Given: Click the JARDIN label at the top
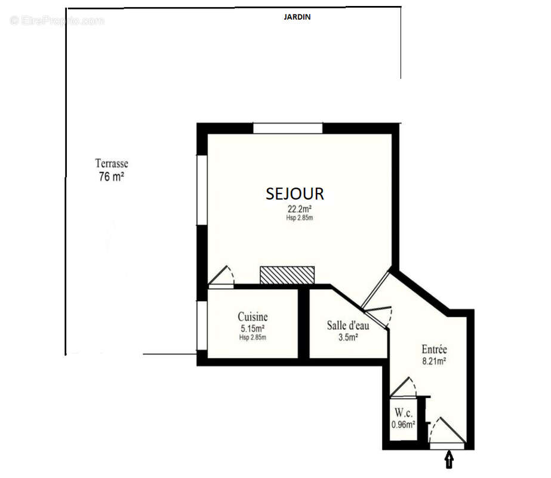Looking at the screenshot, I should point(297,17).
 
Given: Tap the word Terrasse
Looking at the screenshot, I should point(112,163).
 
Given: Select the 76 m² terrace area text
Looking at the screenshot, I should point(111,176).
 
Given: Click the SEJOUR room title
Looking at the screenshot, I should point(295,194).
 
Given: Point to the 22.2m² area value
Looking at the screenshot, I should point(300,209).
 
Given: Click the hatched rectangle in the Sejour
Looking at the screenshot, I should point(287,275).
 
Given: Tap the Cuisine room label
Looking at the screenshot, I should point(253,317).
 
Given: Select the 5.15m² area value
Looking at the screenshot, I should point(253,329).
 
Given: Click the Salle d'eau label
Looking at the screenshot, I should point(348,326).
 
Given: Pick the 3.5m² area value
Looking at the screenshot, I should point(348,338).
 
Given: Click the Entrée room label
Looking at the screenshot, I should point(434,350).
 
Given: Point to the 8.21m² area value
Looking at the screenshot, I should point(435,361).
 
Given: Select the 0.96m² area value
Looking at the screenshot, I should point(403,425).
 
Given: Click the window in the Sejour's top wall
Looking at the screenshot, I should point(288,128).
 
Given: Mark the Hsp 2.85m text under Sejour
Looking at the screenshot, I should point(300,218).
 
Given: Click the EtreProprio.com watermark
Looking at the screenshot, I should point(57,21).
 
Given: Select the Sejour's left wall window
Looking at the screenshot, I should point(202,190).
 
